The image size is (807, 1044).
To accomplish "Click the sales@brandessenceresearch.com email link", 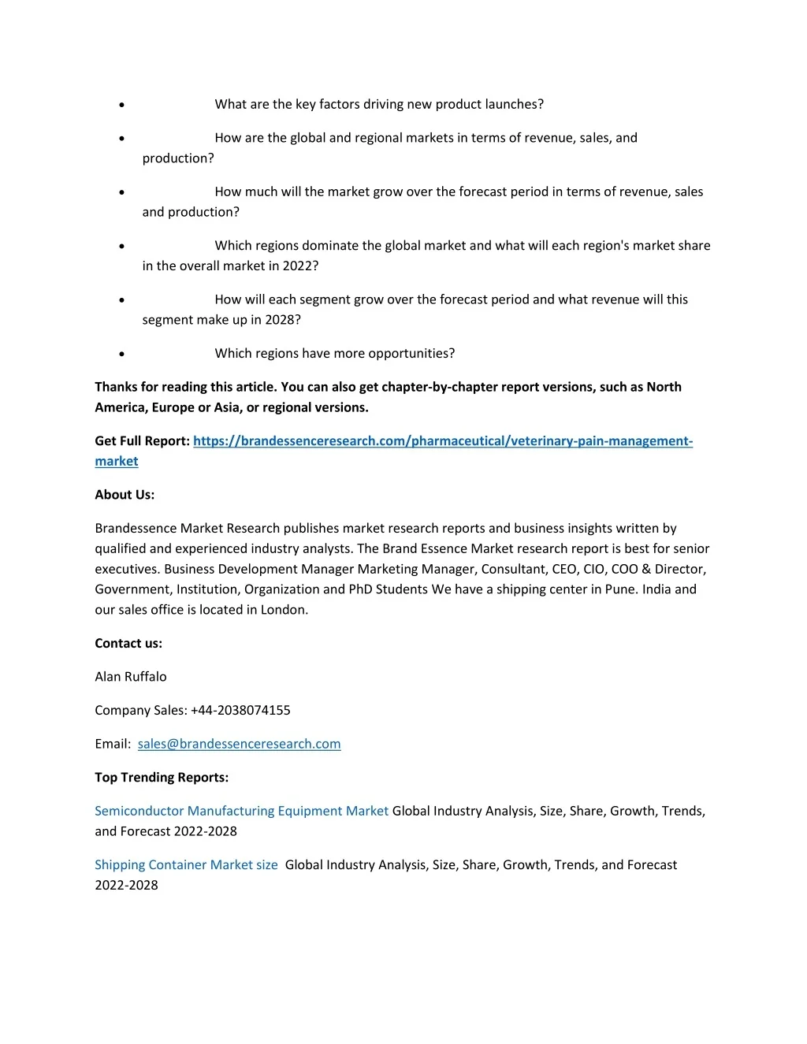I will pyautogui.click(x=239, y=744).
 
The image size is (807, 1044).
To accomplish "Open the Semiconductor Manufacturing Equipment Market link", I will pyautogui.click(x=241, y=811).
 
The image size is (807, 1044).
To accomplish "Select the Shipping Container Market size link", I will pyautogui.click(x=186, y=864).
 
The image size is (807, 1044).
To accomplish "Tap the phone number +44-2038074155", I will pyautogui.click(x=240, y=710).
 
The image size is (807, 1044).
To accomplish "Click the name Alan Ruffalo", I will pyautogui.click(x=131, y=676).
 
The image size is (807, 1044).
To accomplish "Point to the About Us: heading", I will pyautogui.click(x=125, y=495).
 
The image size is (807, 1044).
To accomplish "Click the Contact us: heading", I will pyautogui.click(x=128, y=643).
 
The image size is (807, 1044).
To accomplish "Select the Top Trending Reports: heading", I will pyautogui.click(x=162, y=777).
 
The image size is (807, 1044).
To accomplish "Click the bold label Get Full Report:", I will pyautogui.click(x=142, y=441).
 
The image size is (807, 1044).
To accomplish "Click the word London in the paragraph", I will pyautogui.click(x=283, y=610).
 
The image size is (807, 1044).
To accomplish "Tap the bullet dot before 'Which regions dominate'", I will pyautogui.click(x=121, y=246).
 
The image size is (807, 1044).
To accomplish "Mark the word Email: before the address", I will pyautogui.click(x=113, y=744).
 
